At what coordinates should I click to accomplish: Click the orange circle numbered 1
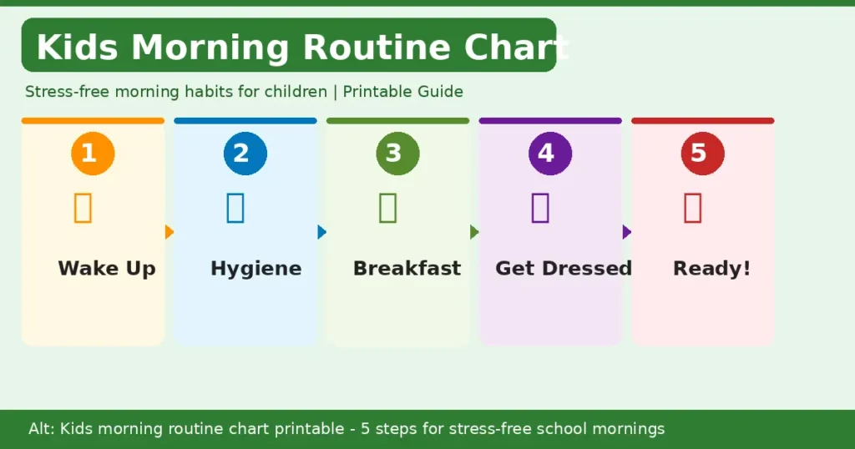(93, 154)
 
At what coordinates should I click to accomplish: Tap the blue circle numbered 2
(245, 154)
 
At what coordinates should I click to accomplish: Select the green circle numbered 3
(397, 154)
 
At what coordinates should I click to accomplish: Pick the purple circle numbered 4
(550, 154)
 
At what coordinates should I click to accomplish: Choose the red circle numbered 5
(702, 154)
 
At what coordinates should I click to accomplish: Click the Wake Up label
(107, 269)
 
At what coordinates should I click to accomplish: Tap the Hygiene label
(255, 269)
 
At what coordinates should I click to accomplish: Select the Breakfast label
(407, 269)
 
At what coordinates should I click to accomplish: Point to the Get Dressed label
(564, 269)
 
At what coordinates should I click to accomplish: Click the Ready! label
(711, 269)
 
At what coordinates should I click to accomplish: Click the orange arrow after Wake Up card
(169, 232)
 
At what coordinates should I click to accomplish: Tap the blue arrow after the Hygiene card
(321, 232)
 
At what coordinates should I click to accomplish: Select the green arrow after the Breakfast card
(474, 232)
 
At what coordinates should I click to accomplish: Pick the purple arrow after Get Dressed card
(627, 232)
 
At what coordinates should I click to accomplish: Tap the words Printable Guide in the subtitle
(402, 92)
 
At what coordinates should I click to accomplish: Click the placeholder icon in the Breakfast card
(387, 207)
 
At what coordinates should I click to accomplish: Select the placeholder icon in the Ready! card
(692, 207)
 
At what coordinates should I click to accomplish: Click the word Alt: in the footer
(42, 429)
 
